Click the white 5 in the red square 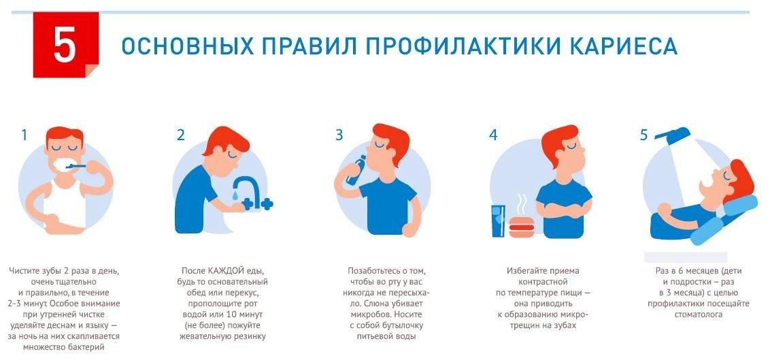[65, 45]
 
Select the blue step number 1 [24, 135]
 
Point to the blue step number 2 [181, 135]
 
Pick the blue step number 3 [339, 135]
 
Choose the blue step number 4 [493, 135]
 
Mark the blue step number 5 [643, 135]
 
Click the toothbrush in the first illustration [76, 167]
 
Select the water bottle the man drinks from [356, 170]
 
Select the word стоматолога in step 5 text [698, 314]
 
